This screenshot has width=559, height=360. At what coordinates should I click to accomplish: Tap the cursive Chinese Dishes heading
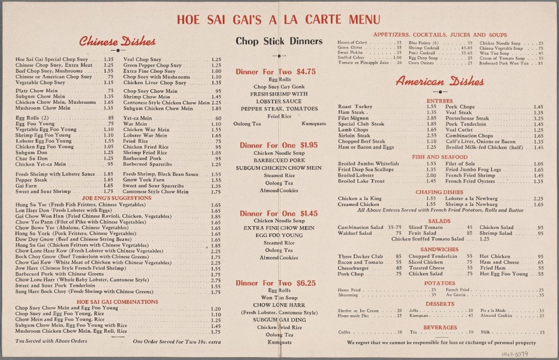click(117, 42)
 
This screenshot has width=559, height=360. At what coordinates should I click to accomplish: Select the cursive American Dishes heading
click(440, 82)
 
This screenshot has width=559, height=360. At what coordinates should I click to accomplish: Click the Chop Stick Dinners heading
click(279, 40)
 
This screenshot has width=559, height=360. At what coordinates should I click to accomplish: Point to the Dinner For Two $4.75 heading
click(276, 72)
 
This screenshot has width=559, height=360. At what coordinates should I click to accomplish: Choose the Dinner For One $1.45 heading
click(276, 213)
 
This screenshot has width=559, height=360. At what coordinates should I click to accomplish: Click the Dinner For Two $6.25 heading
click(276, 283)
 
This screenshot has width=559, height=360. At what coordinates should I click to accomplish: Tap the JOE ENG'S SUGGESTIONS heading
click(117, 198)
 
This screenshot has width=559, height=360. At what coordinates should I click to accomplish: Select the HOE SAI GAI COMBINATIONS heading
click(117, 301)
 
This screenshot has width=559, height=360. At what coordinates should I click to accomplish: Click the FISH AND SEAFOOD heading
click(439, 157)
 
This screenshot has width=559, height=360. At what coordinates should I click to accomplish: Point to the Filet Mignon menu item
click(354, 118)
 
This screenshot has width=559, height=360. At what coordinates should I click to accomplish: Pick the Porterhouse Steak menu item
click(467, 118)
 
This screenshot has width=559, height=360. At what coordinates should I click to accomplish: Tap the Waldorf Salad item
click(355, 233)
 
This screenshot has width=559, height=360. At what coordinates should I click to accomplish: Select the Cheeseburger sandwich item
click(353, 268)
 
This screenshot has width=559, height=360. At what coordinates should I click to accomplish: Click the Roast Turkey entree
click(355, 107)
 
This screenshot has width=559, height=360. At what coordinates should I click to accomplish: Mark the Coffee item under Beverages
click(344, 332)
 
